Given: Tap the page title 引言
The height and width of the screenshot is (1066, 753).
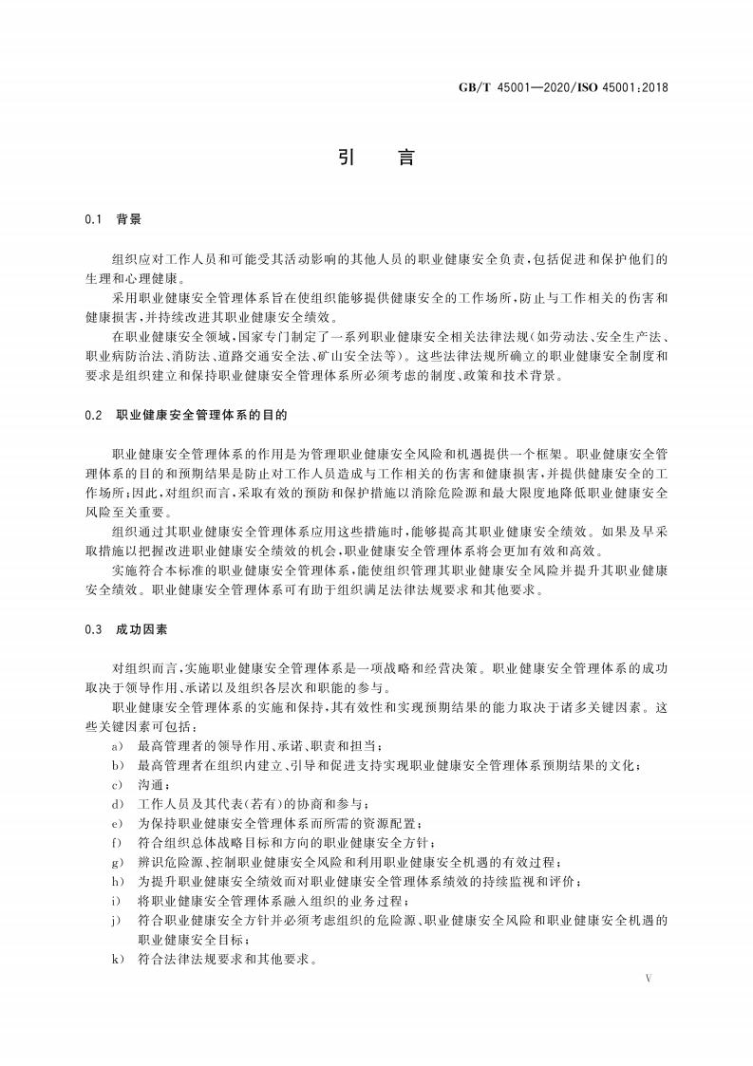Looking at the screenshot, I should pos(376,159).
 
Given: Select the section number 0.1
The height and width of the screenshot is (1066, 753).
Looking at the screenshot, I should pos(92,219).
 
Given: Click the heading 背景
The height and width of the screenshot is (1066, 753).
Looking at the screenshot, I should pos(128,219).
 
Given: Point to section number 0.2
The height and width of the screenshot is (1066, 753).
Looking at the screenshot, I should pos(92,415).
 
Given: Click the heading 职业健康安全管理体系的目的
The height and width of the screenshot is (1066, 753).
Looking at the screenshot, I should pos(200,415).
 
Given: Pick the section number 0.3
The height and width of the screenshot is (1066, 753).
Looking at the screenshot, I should pos(92,629).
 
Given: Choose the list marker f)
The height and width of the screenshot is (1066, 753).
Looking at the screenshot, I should pos(117,842).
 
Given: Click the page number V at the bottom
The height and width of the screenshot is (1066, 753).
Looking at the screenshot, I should pos(648,977).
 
